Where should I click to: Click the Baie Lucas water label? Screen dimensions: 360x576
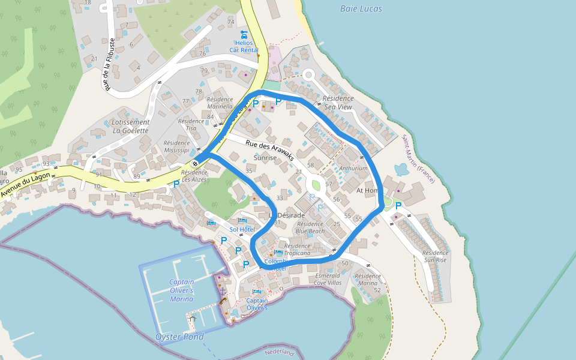point(361,9)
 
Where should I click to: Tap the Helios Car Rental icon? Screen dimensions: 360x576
point(244,34)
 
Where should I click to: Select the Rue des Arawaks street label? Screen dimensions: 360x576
point(269,147)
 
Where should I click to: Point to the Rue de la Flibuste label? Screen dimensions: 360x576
point(109,65)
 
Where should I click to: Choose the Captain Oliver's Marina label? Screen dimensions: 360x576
point(181,290)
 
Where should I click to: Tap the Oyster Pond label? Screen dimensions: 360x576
point(181,337)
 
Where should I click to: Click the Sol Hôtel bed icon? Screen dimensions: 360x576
point(242,221)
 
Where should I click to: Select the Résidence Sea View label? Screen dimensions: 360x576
point(338,102)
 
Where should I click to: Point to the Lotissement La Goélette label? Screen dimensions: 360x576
point(131,125)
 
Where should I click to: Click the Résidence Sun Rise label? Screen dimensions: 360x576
point(436,256)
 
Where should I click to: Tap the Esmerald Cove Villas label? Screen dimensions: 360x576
point(328,279)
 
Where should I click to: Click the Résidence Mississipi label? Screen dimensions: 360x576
point(177,147)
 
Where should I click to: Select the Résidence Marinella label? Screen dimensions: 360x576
point(220,103)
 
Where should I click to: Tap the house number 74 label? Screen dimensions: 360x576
point(230,22)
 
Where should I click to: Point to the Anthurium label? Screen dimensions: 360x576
point(353,169)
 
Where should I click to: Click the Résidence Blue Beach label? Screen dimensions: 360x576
point(310,227)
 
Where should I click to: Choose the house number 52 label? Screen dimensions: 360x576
point(377,290)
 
